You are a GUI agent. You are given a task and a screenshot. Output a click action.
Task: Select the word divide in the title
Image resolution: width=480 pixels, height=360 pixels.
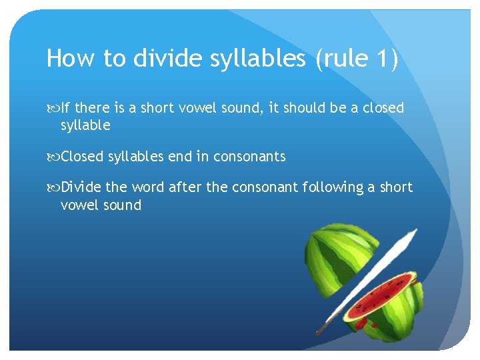click(x=164, y=59)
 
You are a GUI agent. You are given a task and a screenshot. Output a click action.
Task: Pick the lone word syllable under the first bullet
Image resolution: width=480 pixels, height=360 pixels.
click(x=85, y=125)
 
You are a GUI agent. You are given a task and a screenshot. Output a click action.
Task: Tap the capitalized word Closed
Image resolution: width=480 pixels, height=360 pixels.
click(x=83, y=157)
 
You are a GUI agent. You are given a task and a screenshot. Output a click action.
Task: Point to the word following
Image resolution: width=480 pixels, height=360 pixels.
click(x=331, y=187)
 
